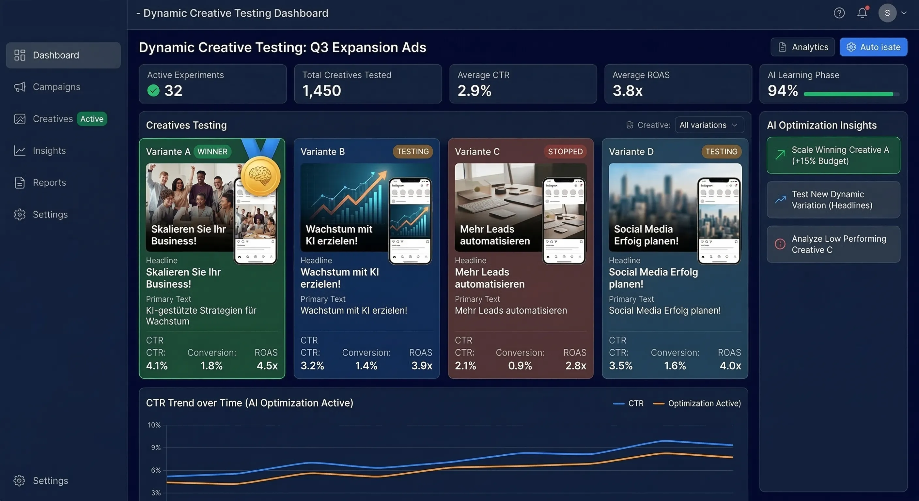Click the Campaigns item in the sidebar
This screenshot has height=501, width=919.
[x=56, y=87]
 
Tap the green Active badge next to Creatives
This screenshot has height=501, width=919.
[x=92, y=119]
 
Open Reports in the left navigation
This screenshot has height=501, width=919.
[x=49, y=183]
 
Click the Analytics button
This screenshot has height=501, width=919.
[x=802, y=47]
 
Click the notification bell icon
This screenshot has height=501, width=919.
[x=862, y=13]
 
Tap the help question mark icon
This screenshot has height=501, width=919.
[x=839, y=13]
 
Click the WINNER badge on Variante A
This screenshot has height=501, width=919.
[x=212, y=152]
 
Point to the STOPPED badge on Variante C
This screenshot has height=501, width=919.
[x=565, y=152]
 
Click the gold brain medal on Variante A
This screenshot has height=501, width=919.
[x=260, y=176]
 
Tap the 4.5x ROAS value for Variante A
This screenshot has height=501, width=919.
[x=267, y=366]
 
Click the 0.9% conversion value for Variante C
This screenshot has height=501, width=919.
[x=520, y=366]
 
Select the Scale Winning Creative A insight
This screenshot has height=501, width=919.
[x=833, y=156]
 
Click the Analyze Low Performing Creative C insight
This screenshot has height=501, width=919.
[x=833, y=244]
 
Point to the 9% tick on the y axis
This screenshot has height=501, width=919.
[x=156, y=448]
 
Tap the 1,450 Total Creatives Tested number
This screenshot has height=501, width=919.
[x=321, y=91]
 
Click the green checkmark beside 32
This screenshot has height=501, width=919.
[x=153, y=91]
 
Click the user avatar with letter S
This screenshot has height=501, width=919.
[x=887, y=13]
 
